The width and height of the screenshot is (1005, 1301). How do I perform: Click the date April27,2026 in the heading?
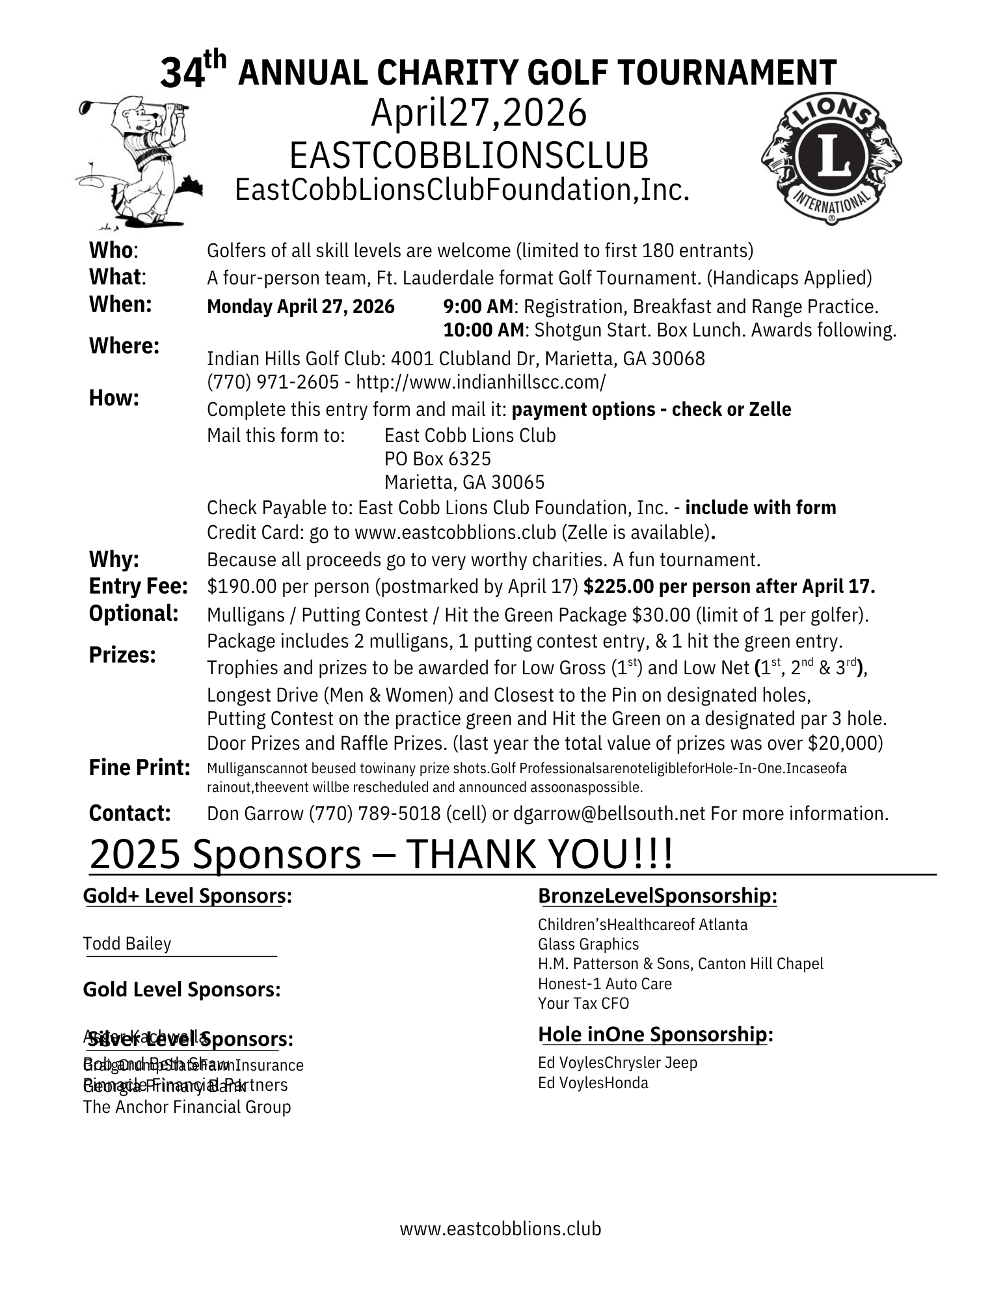[x=479, y=113]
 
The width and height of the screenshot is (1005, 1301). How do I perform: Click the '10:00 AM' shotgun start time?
[x=483, y=330]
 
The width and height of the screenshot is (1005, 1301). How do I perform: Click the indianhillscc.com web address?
[x=481, y=383]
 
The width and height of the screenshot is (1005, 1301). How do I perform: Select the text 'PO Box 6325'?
[x=437, y=459]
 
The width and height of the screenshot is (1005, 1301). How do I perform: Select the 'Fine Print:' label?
[x=139, y=768]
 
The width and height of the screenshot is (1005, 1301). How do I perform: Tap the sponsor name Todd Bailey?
[x=127, y=944]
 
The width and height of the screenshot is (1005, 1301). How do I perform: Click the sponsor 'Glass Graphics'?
[x=588, y=944]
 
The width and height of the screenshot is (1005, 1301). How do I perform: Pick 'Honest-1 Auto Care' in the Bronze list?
[x=604, y=983]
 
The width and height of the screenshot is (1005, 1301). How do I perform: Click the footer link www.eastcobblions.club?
[x=500, y=1228]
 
